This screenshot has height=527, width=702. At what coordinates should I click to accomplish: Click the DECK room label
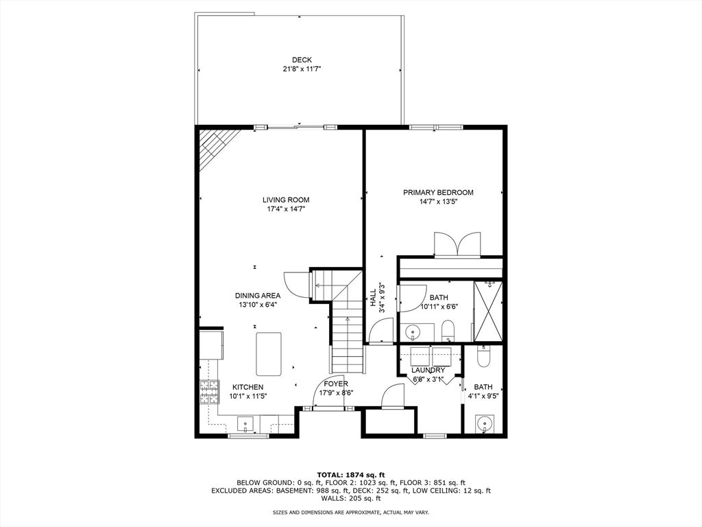pyautogui.click(x=302, y=60)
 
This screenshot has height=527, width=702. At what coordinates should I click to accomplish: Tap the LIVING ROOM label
pyautogui.click(x=286, y=200)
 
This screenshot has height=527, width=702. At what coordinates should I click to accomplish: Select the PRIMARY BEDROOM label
pyautogui.click(x=438, y=192)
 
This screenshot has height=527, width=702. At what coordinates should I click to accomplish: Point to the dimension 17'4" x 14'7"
pyautogui.click(x=286, y=209)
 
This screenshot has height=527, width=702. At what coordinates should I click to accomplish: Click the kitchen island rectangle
pyautogui.click(x=269, y=354)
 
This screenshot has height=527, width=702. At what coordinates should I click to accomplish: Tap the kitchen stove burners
pyautogui.click(x=209, y=392)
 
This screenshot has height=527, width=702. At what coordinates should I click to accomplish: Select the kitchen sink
pyautogui.click(x=245, y=424)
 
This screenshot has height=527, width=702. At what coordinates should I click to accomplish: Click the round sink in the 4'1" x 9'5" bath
pyautogui.click(x=483, y=423)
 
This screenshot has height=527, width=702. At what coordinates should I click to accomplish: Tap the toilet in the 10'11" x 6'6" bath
pyautogui.click(x=448, y=331)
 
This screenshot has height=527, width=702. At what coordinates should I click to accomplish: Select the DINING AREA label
pyautogui.click(x=258, y=295)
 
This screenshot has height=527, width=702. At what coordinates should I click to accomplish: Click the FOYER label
pyautogui.click(x=336, y=384)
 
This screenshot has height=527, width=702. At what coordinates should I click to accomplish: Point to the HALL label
pyautogui.click(x=373, y=298)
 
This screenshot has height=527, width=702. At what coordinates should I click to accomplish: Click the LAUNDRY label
pyautogui.click(x=428, y=370)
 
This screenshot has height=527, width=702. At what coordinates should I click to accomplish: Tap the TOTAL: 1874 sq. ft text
pyautogui.click(x=351, y=475)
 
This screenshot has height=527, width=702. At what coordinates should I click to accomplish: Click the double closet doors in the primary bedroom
pyautogui.click(x=457, y=244)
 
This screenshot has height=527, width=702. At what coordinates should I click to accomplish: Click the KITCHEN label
pyautogui.click(x=247, y=387)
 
